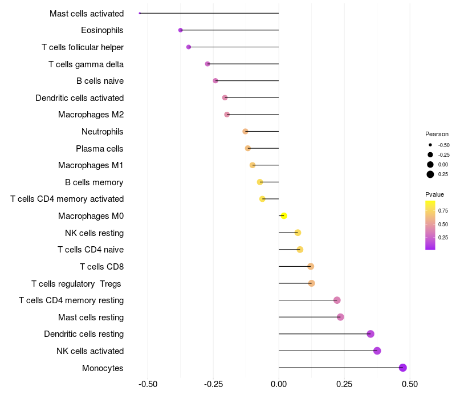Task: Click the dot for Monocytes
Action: pos(403,368)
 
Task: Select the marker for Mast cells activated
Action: pos(140,13)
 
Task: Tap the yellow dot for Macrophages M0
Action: pos(284,216)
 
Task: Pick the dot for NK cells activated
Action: pos(377,351)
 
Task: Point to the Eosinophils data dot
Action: pos(181,30)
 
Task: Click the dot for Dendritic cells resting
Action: pos(370,334)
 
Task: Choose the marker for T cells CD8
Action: pos(311,266)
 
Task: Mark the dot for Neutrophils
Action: pos(246,132)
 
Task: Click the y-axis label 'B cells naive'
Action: pos(100,81)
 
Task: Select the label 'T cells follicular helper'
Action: pos(83,47)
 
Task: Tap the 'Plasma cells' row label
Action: pos(100,149)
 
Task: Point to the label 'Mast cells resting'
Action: pos(91,317)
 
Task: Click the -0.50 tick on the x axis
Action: pos(148,384)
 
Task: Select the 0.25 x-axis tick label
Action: pos(344,384)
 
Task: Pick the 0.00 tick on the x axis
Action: pos(279,384)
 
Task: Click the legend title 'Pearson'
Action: pos(437,134)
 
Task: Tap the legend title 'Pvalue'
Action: pos(434,194)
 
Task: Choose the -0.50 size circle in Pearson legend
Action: pos(430,145)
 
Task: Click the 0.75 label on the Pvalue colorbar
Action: pos(443,211)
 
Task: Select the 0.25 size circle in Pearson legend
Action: pos(430,174)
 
